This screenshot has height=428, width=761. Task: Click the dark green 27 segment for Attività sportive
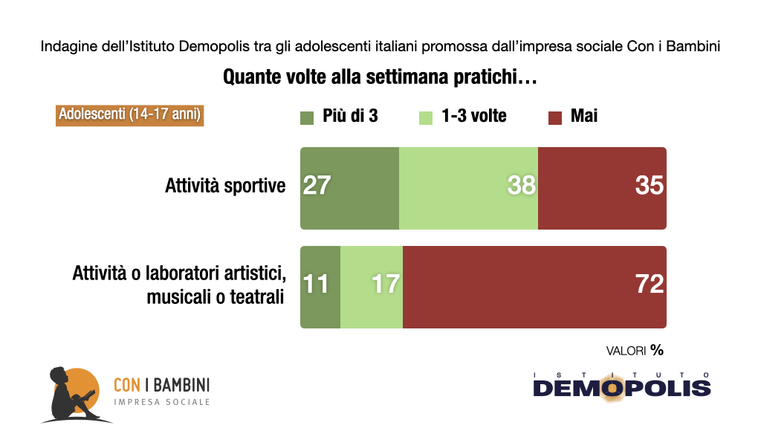pyautogui.click(x=349, y=188)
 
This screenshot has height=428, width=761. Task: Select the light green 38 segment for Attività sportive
pyautogui.click(x=468, y=188)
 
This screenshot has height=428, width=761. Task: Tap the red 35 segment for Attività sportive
pyautogui.click(x=601, y=188)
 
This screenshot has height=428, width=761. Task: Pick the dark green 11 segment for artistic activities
pyautogui.click(x=320, y=287)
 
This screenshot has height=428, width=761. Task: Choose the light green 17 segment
pyautogui.click(x=372, y=287)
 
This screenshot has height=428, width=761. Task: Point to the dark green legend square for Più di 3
pyautogui.click(x=308, y=117)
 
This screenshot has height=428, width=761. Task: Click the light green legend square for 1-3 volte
pyautogui.click(x=427, y=117)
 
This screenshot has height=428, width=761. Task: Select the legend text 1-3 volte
pyautogui.click(x=473, y=116)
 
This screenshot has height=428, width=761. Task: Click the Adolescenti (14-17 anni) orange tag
pyautogui.click(x=129, y=115)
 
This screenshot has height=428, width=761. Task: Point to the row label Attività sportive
pyautogui.click(x=225, y=186)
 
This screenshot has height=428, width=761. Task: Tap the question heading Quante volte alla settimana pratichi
pyautogui.click(x=380, y=77)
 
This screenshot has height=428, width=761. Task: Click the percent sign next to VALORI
pyautogui.click(x=657, y=348)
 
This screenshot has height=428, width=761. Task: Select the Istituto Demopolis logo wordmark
pyautogui.click(x=622, y=386)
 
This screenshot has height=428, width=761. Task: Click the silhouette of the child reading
pyautogui.click(x=71, y=394)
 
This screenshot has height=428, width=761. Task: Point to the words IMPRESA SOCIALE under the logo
pyautogui.click(x=161, y=402)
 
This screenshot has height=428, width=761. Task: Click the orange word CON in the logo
pyautogui.click(x=127, y=384)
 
